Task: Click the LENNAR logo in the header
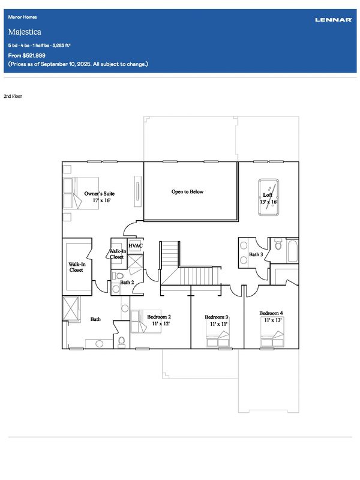pyautogui.click(x=334, y=20)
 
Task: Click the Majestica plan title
pyautogui.click(x=25, y=32)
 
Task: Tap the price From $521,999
pyautogui.click(x=26, y=55)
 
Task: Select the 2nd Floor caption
pyautogui.click(x=13, y=96)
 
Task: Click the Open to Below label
pyautogui.click(x=187, y=191)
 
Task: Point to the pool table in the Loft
pyautogui.click(x=268, y=197)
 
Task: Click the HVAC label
pyautogui.click(x=136, y=245)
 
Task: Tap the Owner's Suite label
pyautogui.click(x=100, y=193)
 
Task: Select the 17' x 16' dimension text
pyautogui.click(x=101, y=200)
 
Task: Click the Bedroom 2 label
pyautogui.click(x=159, y=317)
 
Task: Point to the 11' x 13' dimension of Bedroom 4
pyautogui.click(x=272, y=320)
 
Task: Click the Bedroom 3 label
pyautogui.click(x=217, y=317)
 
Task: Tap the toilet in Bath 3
pyautogui.click(x=278, y=244)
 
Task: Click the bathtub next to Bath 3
pyautogui.click(x=293, y=251)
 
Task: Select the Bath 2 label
pyautogui.click(x=127, y=282)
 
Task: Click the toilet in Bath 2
pyautogui.click(x=118, y=275)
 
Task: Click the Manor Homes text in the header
pyautogui.click(x=22, y=17)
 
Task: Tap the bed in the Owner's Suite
pyautogui.click(x=81, y=193)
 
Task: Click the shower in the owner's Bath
pyautogui.click(x=71, y=308)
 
